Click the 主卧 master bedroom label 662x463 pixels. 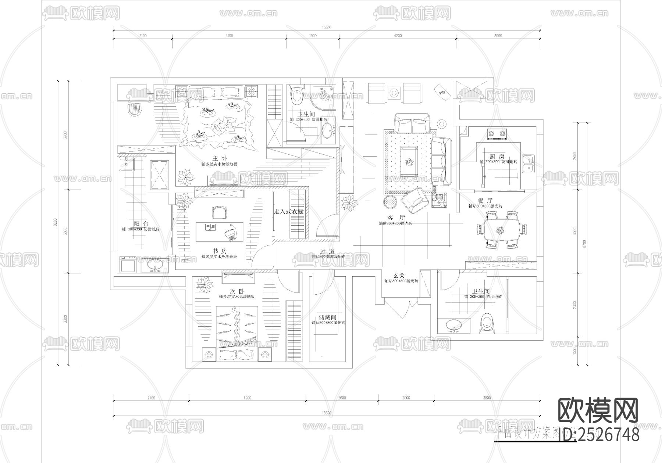click(217, 158)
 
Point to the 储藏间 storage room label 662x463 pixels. click(327, 317)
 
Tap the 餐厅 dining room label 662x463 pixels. click(485, 201)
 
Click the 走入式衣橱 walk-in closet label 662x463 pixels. click(289, 212)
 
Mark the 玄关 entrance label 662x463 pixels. click(399, 275)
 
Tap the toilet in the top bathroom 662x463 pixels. click(296, 95)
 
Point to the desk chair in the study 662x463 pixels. click(219, 212)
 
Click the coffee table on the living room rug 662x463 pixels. click(409, 162)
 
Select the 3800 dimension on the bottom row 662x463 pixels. click(487, 398)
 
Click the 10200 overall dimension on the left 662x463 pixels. click(55, 223)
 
